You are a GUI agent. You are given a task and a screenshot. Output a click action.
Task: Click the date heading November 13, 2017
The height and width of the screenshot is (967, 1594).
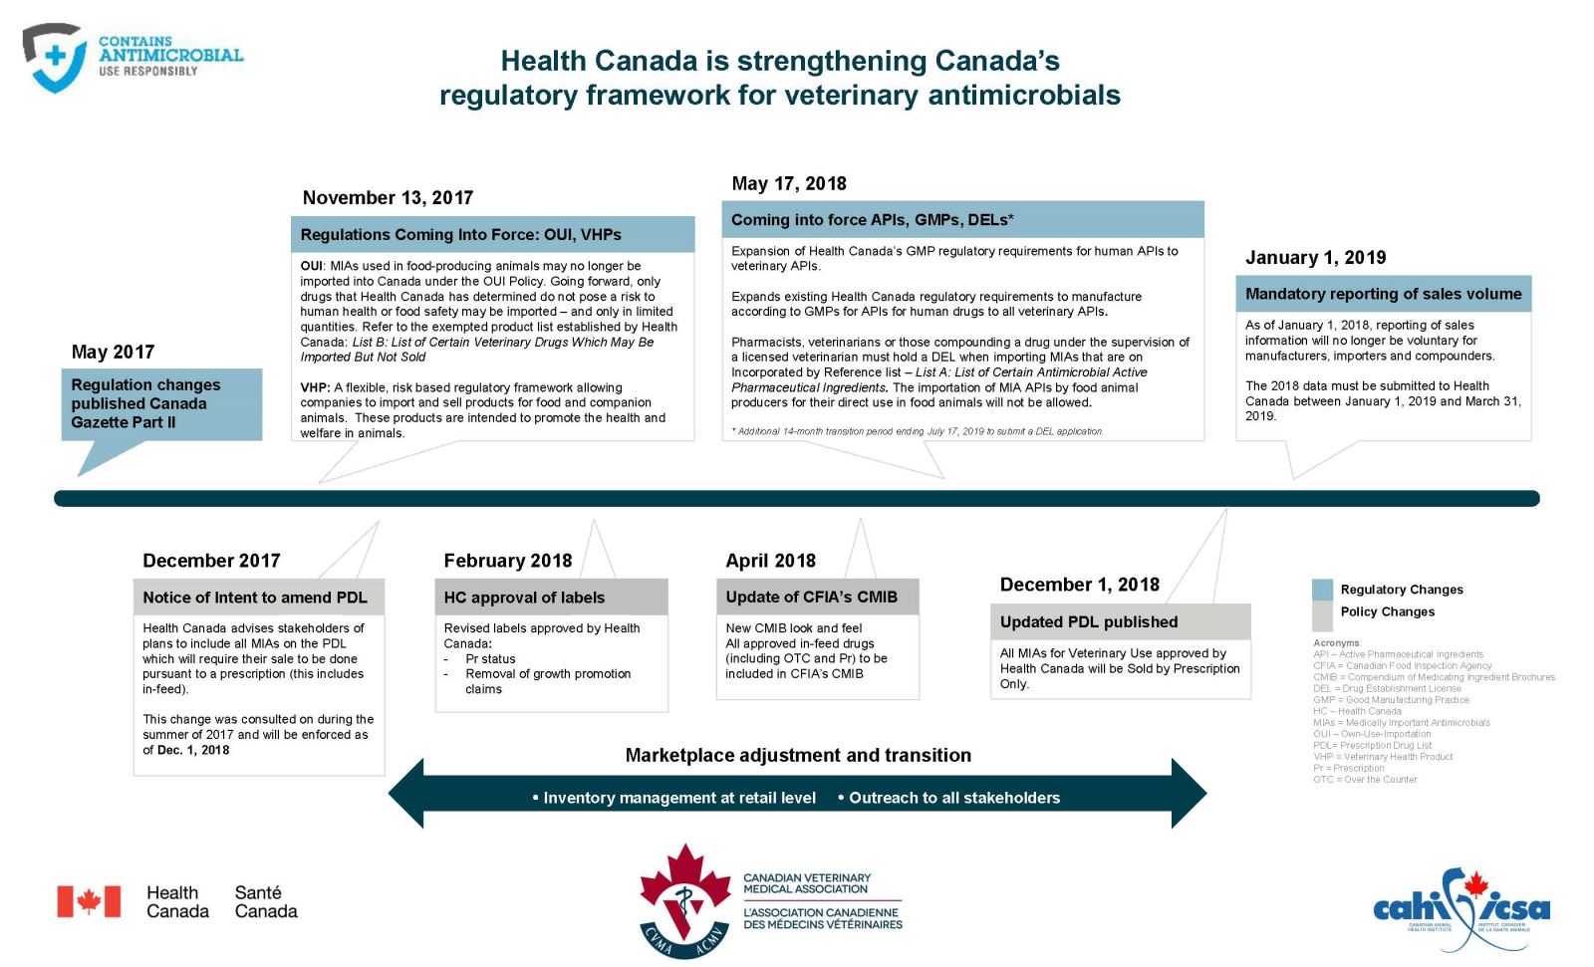pyautogui.click(x=388, y=197)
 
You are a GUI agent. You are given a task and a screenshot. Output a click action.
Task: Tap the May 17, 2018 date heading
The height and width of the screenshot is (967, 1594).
pyautogui.click(x=788, y=183)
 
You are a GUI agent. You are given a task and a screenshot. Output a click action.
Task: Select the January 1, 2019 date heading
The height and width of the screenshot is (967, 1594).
pyautogui.click(x=1315, y=257)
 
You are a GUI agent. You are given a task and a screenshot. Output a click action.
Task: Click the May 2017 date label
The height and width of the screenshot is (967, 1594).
pyautogui.click(x=113, y=352)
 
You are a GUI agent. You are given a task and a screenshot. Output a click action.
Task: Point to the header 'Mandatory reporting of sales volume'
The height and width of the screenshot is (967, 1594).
pyautogui.click(x=1383, y=294)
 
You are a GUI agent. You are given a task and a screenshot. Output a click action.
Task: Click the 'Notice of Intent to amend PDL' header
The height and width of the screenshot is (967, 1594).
pyautogui.click(x=255, y=598)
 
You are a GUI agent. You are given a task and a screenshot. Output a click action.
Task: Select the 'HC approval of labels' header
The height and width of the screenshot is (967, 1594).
pyautogui.click(x=524, y=598)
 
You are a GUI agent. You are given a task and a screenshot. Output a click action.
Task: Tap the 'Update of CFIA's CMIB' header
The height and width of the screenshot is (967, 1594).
pyautogui.click(x=811, y=597)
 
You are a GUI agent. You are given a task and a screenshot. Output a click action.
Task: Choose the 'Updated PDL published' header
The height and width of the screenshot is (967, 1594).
pyautogui.click(x=1089, y=621)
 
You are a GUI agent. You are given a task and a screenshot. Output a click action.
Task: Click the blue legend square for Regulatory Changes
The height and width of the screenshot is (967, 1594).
pyautogui.click(x=1322, y=590)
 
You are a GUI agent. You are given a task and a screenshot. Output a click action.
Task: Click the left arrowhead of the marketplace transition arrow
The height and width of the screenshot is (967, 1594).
pyautogui.click(x=406, y=794)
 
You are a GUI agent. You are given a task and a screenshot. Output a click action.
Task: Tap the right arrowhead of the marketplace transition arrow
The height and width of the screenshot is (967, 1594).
pyautogui.click(x=1190, y=794)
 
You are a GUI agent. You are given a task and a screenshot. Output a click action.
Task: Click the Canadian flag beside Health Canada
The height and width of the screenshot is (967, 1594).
pyautogui.click(x=89, y=901)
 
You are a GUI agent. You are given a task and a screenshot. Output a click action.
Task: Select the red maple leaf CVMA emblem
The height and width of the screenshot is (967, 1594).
pyautogui.click(x=684, y=898)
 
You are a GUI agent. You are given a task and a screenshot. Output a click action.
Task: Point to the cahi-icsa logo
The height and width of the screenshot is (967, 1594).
pyautogui.click(x=1461, y=906)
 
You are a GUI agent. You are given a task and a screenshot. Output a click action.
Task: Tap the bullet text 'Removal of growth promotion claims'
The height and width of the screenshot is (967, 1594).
pyautogui.click(x=548, y=681)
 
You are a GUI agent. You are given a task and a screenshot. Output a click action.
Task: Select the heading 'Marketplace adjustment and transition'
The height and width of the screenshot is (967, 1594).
pyautogui.click(x=798, y=755)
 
